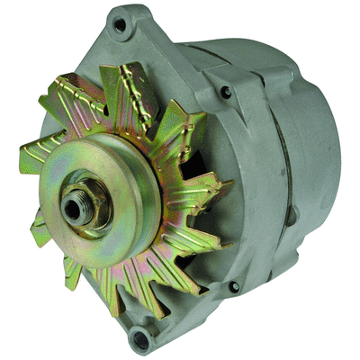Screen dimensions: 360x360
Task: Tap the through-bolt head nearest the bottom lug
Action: pyautogui.click(x=235, y=286)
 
